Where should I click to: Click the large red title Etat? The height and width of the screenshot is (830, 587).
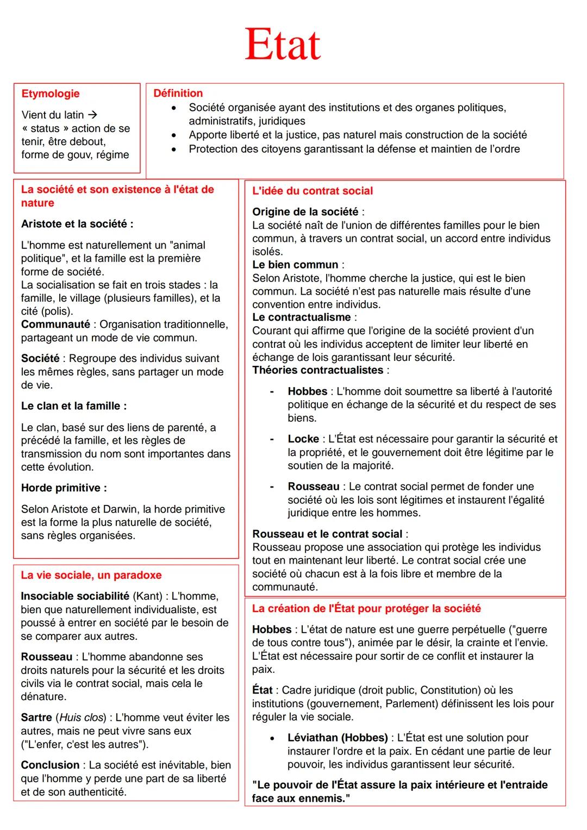click(282, 45)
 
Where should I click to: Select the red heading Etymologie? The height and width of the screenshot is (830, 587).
click(50, 93)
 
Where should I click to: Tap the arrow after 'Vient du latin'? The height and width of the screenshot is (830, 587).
click(92, 115)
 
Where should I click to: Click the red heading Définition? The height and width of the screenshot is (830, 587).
click(178, 93)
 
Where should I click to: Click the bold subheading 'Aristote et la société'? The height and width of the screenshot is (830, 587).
click(77, 224)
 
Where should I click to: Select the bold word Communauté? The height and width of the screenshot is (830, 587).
click(55, 324)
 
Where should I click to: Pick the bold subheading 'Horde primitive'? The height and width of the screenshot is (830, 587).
click(64, 488)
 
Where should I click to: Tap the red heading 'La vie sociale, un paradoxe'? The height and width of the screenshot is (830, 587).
click(91, 575)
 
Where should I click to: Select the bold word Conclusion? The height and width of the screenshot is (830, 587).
click(50, 765)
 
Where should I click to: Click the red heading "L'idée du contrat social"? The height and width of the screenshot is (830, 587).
click(312, 191)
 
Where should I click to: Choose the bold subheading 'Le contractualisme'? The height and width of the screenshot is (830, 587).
click(301, 317)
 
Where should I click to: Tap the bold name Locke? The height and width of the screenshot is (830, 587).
click(303, 439)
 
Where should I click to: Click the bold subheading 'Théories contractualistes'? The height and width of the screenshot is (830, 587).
click(317, 370)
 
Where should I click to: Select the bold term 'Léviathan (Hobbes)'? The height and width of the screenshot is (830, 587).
click(337, 738)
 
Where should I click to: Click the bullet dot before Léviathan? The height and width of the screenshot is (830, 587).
click(272, 738)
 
